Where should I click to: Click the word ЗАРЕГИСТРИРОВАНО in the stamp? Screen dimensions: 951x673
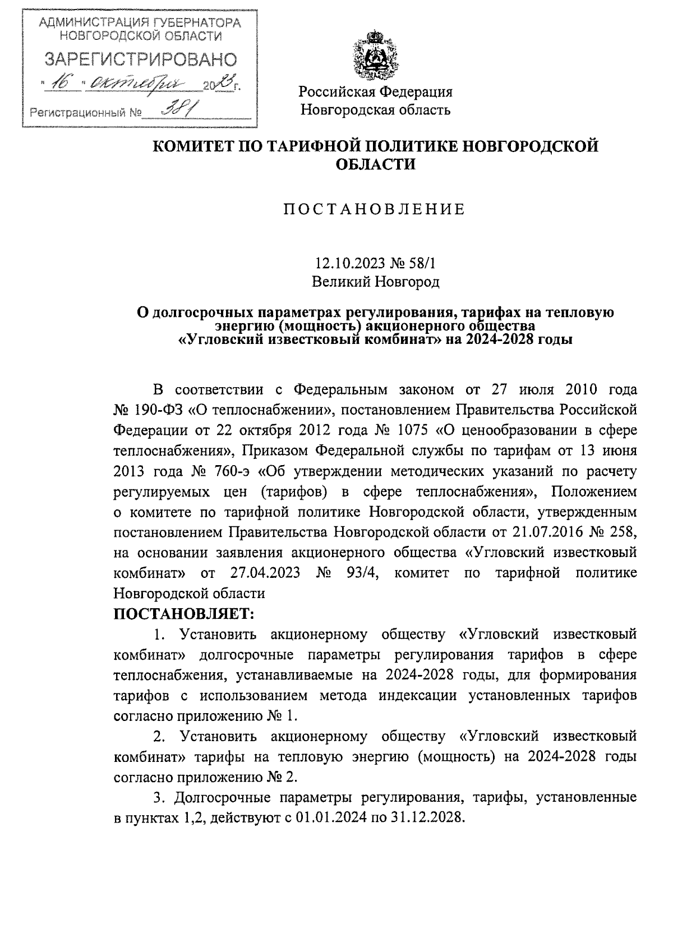(x=140, y=59)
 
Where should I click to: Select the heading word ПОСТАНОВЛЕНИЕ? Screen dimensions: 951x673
(x=375, y=210)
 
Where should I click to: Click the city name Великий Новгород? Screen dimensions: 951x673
(x=375, y=282)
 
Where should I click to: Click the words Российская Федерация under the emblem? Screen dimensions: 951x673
(x=375, y=91)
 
